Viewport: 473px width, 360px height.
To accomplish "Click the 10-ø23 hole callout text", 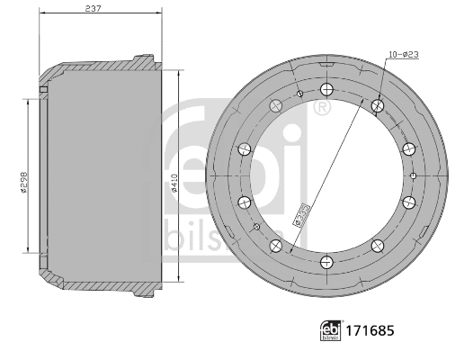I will [403, 56].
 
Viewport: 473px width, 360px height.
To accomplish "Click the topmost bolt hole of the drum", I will [325, 89].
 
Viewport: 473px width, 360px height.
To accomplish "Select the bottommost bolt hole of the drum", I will [325, 262].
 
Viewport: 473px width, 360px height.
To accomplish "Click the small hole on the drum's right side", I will [412, 175].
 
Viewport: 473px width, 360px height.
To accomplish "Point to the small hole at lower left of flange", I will [257, 226].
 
